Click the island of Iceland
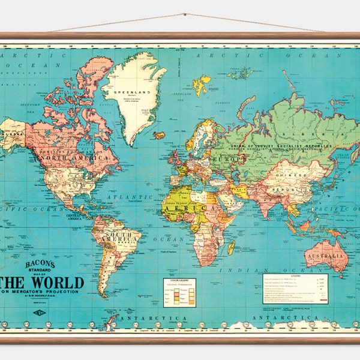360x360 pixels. (x=160, y=135)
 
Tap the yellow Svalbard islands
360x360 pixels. (x=202, y=84)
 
